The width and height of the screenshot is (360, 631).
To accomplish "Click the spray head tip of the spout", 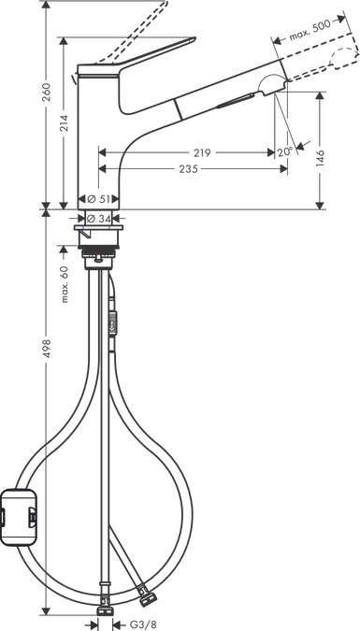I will (269, 86).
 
